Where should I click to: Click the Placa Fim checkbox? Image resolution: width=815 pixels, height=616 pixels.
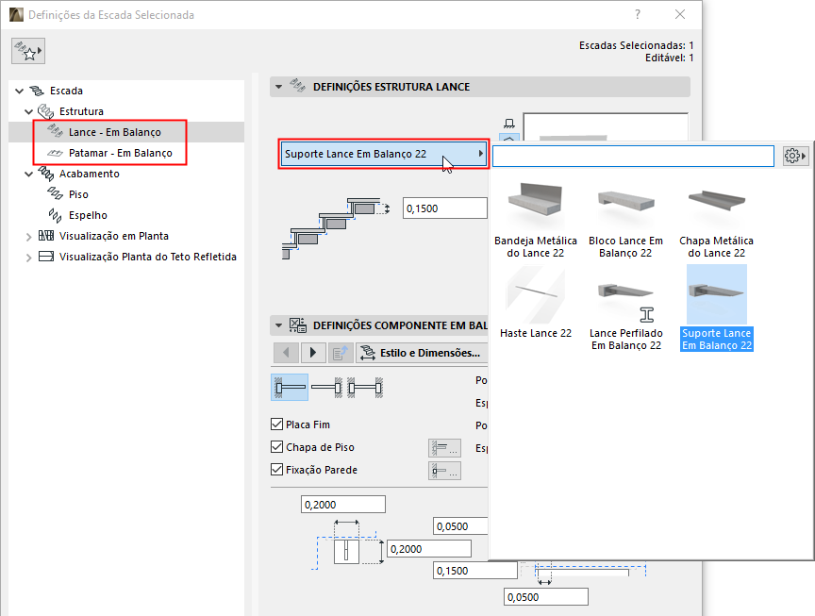coord(276,425)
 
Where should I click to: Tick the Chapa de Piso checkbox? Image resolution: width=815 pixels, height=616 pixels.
coord(276,446)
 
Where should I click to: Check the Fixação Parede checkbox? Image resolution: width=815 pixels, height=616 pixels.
coord(276,470)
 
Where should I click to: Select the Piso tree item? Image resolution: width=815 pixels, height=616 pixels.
coord(78,194)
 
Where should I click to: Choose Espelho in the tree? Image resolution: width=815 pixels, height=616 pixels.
coord(88,215)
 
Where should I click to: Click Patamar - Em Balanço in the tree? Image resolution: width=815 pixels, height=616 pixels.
coord(120,153)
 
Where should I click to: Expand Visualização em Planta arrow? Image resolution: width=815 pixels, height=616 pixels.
coord(29,237)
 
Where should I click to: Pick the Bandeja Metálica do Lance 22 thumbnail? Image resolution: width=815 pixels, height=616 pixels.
coord(536,200)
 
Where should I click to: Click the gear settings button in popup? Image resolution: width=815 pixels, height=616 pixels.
coord(795,156)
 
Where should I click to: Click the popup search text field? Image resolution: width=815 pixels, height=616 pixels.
coord(633,156)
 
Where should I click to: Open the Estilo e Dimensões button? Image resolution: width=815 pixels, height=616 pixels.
coord(422,353)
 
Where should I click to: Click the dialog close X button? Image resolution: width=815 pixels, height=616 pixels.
coord(680,14)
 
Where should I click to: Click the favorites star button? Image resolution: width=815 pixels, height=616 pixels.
coord(28,51)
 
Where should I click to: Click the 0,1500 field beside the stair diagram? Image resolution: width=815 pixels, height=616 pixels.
coord(444,208)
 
